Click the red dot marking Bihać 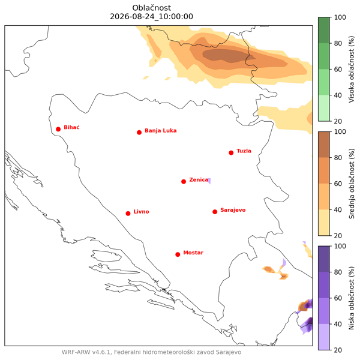[58, 129]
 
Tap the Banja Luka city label [160, 131]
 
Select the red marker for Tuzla [231, 153]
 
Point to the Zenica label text [199, 180]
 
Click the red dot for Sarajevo [215, 212]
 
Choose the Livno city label [141, 212]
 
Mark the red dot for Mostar [178, 254]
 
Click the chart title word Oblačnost [152, 8]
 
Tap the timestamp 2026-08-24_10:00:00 [152, 17]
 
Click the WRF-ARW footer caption [152, 352]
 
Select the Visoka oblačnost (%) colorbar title [352, 69]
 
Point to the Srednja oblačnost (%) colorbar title [352, 184]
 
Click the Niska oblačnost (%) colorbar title [352, 298]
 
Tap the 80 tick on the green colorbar [338, 43]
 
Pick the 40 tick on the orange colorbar [338, 210]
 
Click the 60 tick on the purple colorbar [338, 298]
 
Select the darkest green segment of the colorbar [324, 31]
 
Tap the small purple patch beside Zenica [209, 181]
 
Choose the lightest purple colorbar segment [324, 337]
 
